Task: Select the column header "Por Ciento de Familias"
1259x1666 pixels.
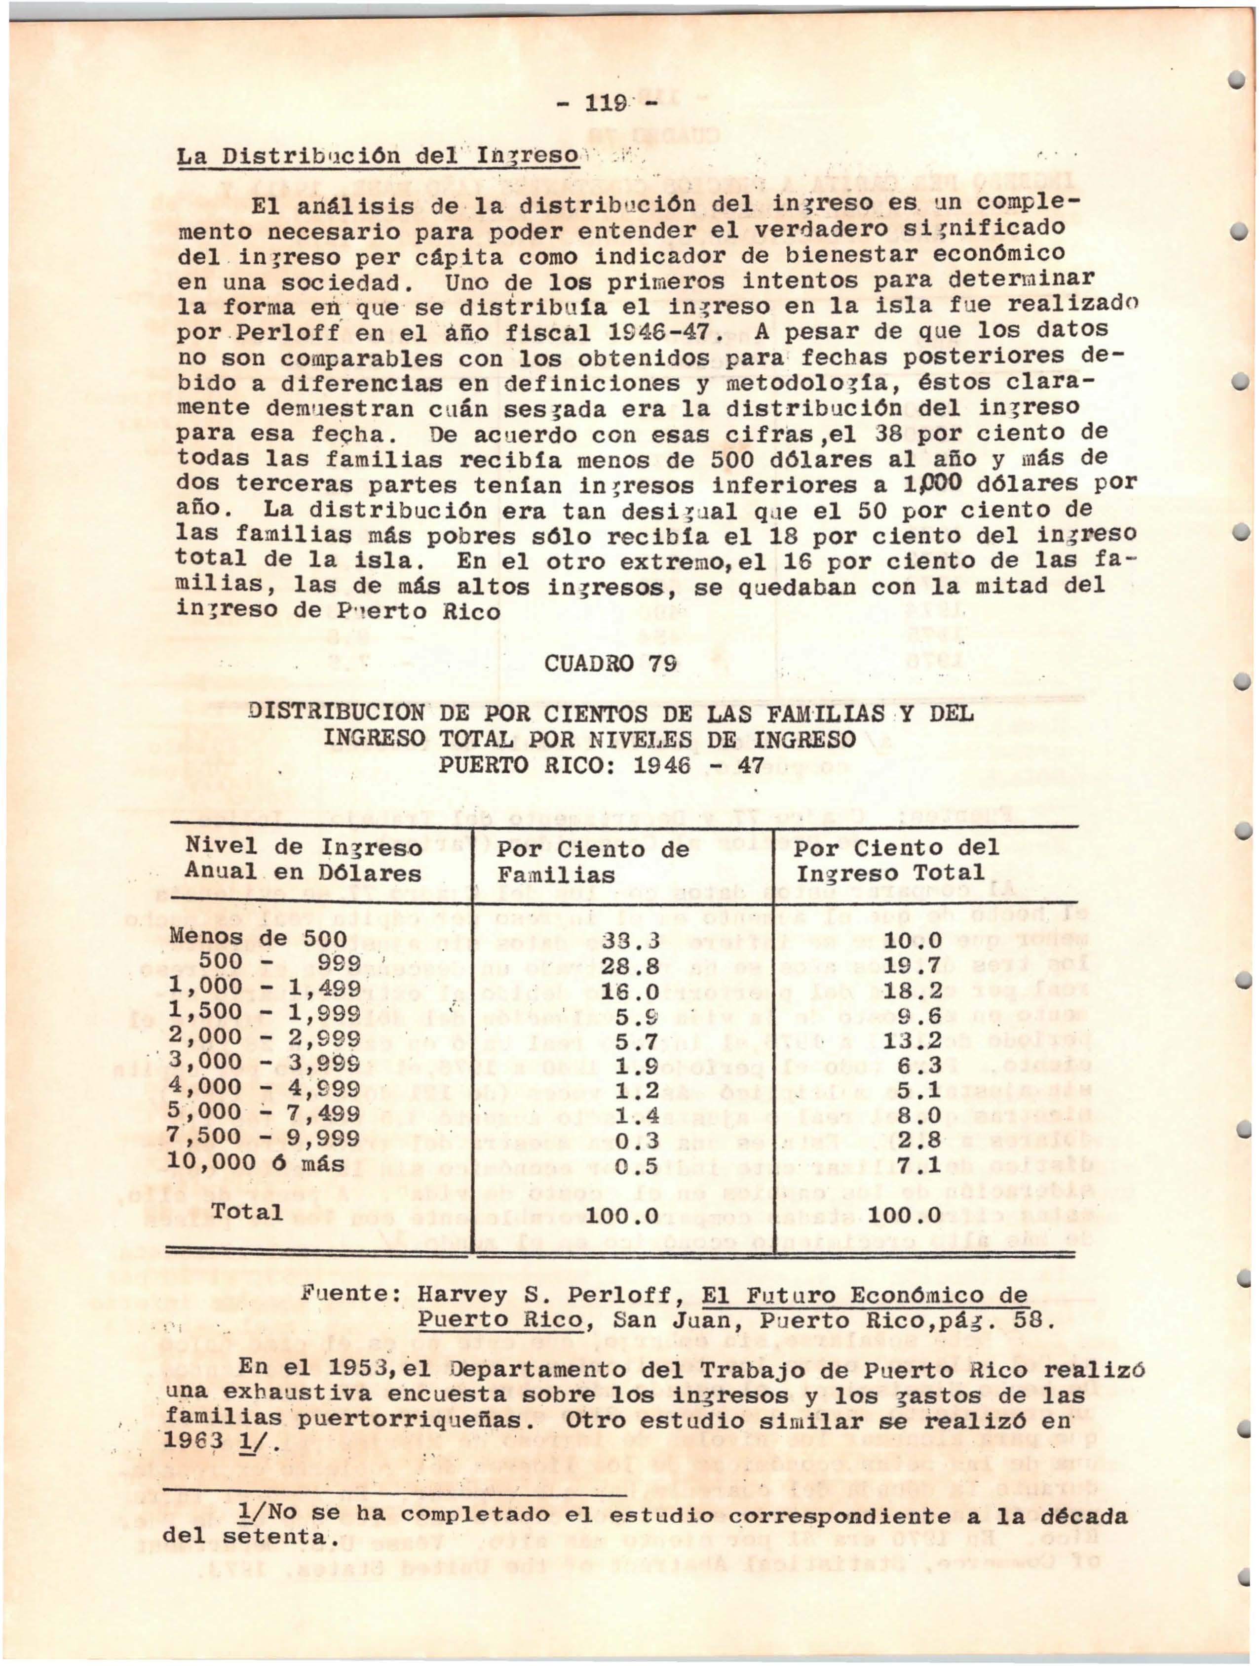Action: click(x=593, y=862)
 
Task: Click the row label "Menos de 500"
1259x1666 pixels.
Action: click(x=258, y=939)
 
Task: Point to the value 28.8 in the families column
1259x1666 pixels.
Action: click(x=630, y=965)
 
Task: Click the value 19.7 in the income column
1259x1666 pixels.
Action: click(x=912, y=965)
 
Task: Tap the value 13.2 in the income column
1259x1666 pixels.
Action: click(x=912, y=1041)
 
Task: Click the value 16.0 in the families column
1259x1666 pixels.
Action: click(x=630, y=991)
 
